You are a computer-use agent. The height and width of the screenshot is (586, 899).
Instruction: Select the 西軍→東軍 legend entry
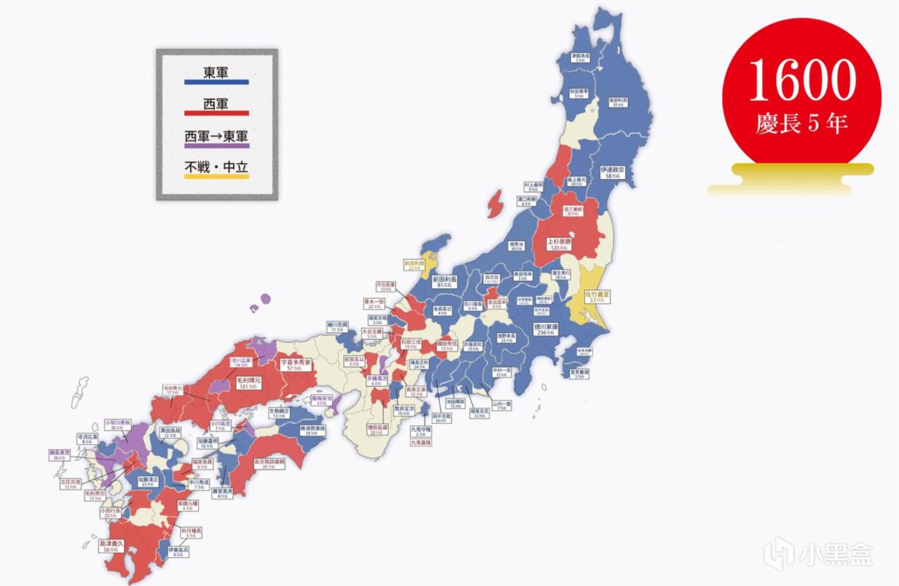tap(216, 136)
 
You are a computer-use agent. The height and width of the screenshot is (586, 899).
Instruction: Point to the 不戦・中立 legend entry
tap(216, 168)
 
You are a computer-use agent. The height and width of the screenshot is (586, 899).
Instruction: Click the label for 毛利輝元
tap(247, 383)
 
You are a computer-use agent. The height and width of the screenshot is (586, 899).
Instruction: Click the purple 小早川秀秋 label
tap(118, 426)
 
